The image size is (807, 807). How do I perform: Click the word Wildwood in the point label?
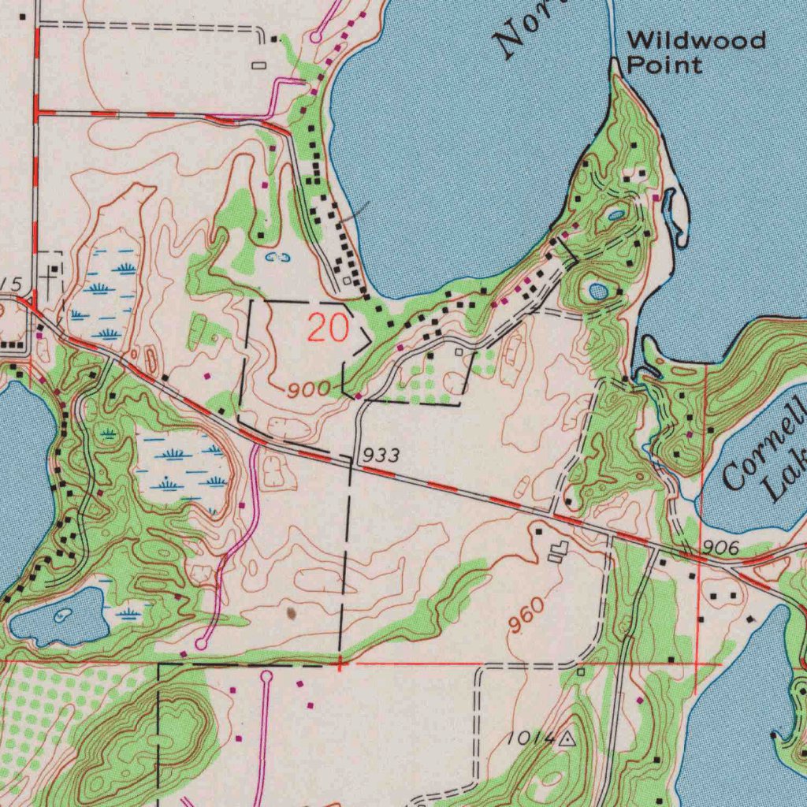pyautogui.click(x=696, y=40)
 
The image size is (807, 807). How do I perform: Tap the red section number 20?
pyautogui.click(x=327, y=328)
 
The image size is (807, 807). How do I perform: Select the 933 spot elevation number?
pyautogui.click(x=382, y=455)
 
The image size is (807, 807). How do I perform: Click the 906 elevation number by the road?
pyautogui.click(x=720, y=547)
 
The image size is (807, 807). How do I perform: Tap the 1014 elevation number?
pyautogui.click(x=529, y=738)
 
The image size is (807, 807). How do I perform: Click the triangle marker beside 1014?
pyautogui.click(x=567, y=739)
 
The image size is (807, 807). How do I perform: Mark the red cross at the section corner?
pyautogui.click(x=340, y=664)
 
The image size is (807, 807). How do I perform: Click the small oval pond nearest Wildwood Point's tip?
pyautogui.click(x=615, y=214)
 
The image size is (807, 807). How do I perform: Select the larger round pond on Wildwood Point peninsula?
pyautogui.click(x=598, y=292)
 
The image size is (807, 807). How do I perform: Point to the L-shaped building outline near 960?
pyautogui.click(x=558, y=552)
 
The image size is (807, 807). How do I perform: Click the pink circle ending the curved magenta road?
pyautogui.click(x=202, y=644)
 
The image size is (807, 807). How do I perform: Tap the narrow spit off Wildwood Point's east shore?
pyautogui.click(x=675, y=213)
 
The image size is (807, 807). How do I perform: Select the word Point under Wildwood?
pyautogui.click(x=664, y=65)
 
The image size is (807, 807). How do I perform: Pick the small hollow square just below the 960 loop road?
pyautogui.click(x=581, y=671)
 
